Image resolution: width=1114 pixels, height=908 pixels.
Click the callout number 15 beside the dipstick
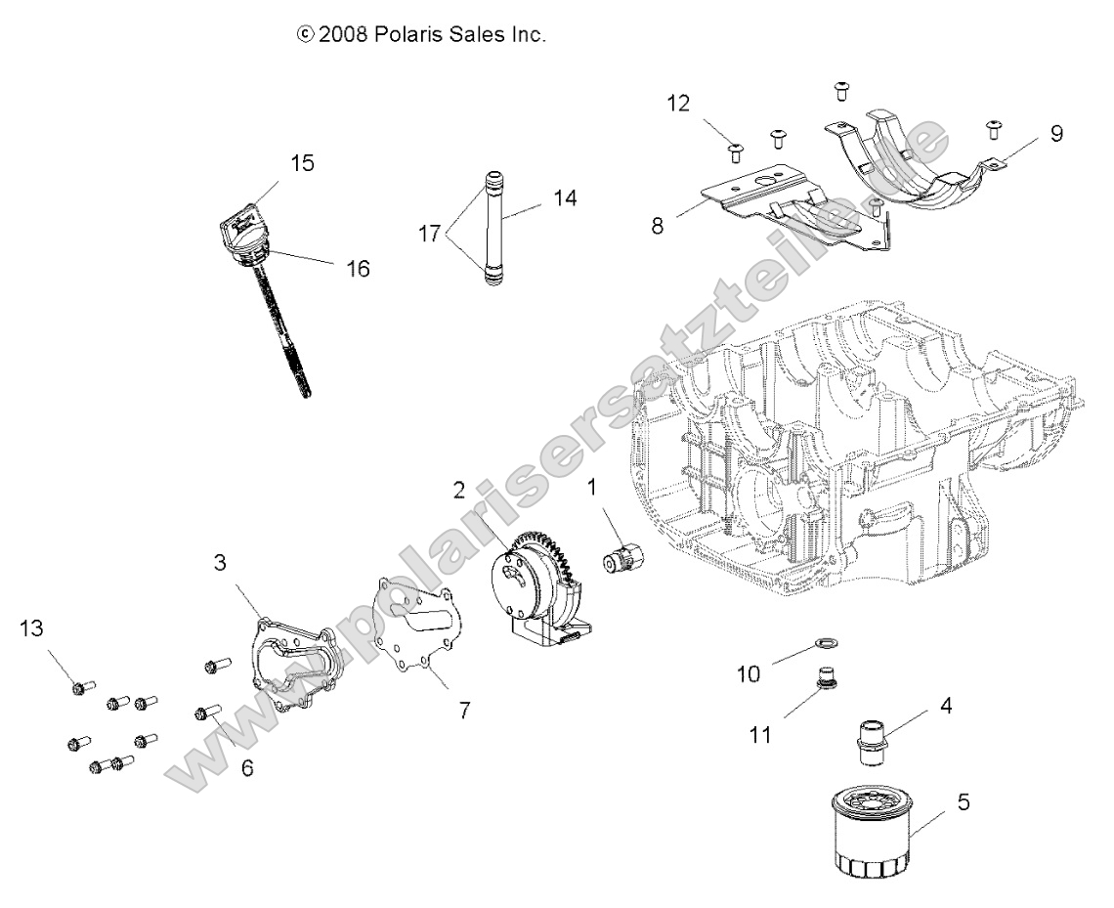(303, 163)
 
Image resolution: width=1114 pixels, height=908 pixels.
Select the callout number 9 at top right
(1056, 134)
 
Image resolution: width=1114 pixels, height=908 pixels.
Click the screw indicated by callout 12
(735, 150)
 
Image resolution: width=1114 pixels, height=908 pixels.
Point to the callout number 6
(247, 768)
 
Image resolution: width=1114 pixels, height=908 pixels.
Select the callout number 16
(358, 268)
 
